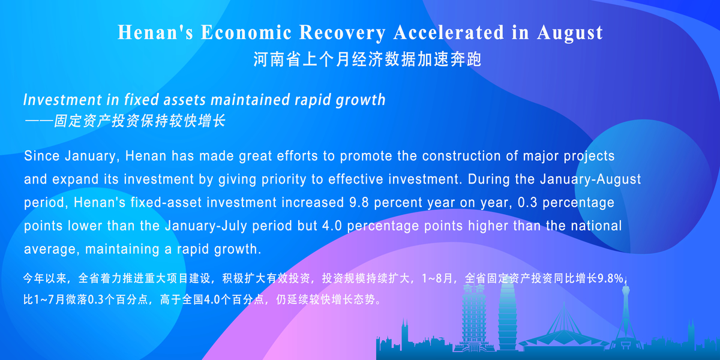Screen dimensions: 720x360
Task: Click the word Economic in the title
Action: coord(246,32)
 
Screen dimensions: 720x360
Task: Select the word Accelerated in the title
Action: coord(449,32)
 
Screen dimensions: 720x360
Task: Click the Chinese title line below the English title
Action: coord(367,59)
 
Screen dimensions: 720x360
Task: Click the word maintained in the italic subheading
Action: coord(250,100)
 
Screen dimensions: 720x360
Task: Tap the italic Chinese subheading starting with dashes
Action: coord(125,121)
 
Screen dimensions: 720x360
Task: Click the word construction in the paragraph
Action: coord(460,156)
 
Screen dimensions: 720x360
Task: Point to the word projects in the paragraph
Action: coord(589,157)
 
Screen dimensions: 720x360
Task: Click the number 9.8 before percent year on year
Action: coord(359,203)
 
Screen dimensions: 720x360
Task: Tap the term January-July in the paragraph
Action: coord(206,226)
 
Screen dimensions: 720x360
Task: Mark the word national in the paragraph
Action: coord(596,226)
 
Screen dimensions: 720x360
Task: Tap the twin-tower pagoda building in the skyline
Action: coord(474,317)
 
